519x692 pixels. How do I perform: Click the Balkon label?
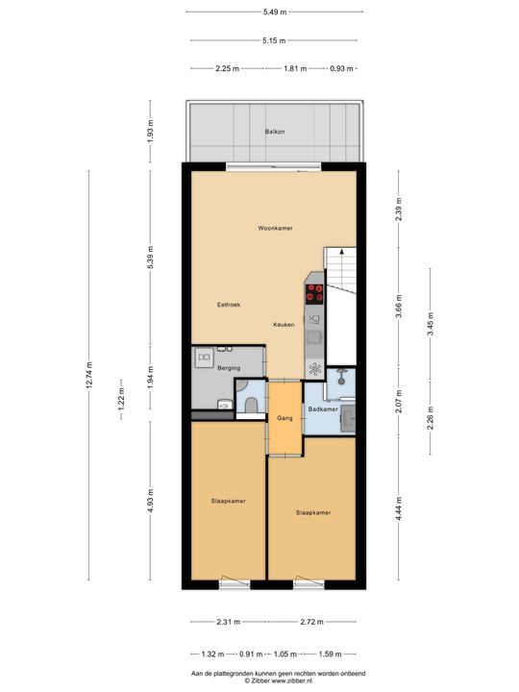[275, 132]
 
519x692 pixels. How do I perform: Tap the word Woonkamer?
[275, 228]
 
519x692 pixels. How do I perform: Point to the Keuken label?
[283, 325]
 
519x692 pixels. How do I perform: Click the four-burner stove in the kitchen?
[315, 292]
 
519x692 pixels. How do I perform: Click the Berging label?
[228, 369]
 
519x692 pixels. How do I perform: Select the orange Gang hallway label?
[284, 419]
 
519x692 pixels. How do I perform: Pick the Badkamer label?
[322, 409]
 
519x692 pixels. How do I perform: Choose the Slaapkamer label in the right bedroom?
[313, 512]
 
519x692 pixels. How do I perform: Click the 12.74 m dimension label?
[90, 376]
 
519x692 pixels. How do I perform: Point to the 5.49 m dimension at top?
[275, 11]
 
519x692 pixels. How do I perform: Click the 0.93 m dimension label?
[341, 69]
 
